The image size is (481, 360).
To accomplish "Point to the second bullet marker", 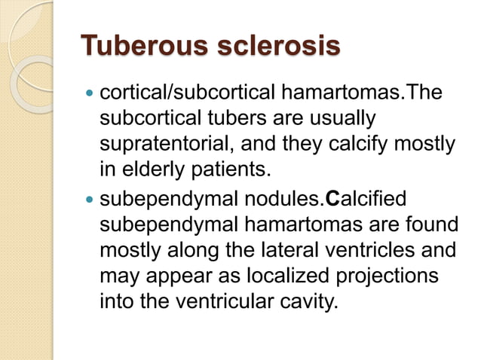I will (90, 200).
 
